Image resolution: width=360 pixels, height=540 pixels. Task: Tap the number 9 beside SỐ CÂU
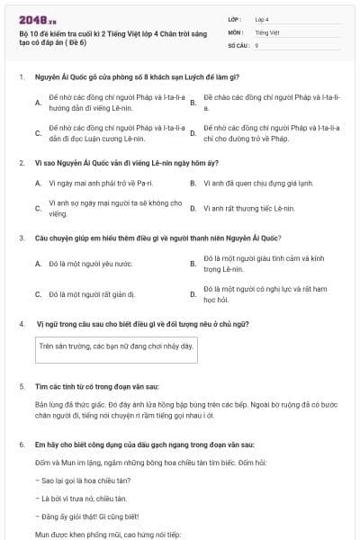(x=256, y=44)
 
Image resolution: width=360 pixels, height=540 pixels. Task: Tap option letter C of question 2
(x=38, y=208)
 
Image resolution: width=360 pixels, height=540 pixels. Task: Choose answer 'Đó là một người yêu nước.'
(x=90, y=264)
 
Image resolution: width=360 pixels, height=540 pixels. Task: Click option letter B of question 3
(x=193, y=264)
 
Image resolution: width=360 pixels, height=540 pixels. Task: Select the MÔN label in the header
(x=235, y=31)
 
